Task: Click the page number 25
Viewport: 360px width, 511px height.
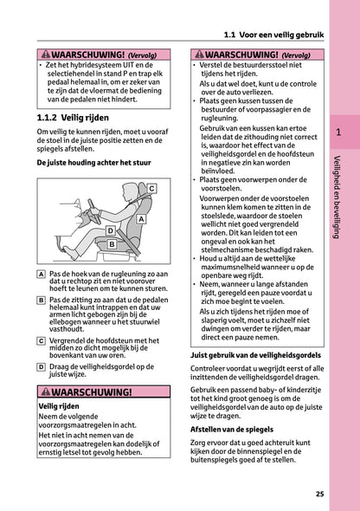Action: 319,495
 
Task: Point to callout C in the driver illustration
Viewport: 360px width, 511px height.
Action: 151,188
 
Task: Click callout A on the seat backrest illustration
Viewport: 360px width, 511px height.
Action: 139,220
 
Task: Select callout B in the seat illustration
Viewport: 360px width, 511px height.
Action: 112,245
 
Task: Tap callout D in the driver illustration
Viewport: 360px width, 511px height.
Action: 110,232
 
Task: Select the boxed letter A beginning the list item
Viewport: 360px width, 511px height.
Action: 42,273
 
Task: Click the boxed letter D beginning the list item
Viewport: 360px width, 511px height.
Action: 42,366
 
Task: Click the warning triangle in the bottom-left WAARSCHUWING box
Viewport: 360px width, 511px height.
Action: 45,391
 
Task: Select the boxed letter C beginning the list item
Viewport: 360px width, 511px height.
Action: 42,340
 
